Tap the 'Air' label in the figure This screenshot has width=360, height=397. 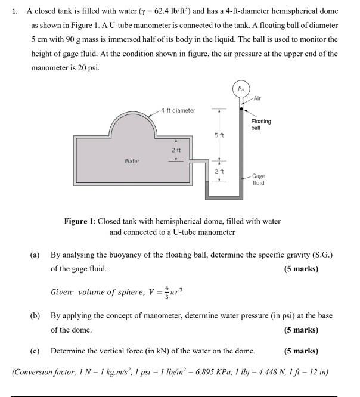coord(257,98)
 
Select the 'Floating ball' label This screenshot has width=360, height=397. coord(261,124)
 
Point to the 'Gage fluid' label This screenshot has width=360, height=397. coord(259,179)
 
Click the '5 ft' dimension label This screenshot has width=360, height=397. coord(219,136)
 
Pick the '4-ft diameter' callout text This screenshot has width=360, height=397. coord(178,110)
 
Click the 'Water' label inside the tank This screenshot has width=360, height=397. coord(132,161)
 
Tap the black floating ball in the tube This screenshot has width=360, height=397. coord(241,110)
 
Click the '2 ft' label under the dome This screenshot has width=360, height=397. coord(176,150)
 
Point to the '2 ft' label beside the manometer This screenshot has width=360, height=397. coord(219,172)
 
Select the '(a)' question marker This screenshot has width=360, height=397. coord(35,255)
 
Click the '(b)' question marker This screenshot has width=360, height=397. coord(35,315)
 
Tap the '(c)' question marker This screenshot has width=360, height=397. coord(35,351)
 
